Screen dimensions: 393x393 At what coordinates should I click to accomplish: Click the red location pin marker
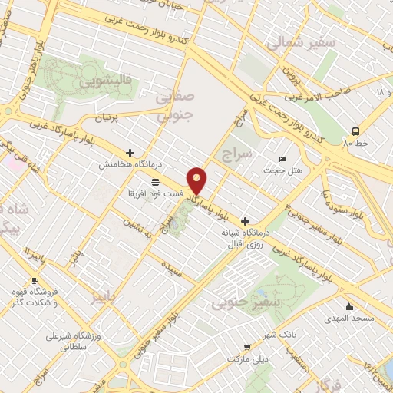[198, 180]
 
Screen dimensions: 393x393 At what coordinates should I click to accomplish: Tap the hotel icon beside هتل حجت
[282, 159]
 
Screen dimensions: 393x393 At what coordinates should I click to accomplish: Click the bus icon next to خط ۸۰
[355, 130]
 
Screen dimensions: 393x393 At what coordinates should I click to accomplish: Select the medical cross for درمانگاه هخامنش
[130, 154]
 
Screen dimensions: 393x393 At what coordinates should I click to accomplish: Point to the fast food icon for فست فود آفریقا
[155, 182]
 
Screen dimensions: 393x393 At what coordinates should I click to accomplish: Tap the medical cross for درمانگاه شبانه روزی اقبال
[245, 220]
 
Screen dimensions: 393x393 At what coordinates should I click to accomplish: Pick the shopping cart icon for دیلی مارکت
[246, 347]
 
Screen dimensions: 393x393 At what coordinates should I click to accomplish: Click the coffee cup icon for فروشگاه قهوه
[35, 281]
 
